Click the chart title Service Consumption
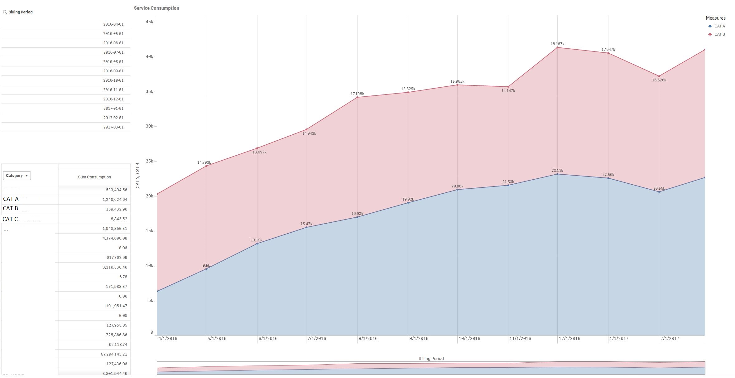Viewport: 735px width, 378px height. [156, 8]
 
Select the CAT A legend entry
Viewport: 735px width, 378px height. [719, 26]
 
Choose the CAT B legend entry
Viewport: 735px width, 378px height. [719, 34]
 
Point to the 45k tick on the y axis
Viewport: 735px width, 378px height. [149, 22]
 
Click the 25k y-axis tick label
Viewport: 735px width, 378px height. [149, 161]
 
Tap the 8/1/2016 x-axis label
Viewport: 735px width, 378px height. [368, 338]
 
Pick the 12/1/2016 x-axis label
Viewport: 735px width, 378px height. [569, 338]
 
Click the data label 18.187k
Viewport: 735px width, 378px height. [557, 44]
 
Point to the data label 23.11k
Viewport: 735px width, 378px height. [557, 171]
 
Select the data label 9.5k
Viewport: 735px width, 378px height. [206, 265]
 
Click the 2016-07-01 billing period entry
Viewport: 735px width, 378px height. [113, 52]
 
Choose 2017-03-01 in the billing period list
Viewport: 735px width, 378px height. [113, 127]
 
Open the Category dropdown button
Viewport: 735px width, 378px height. [17, 176]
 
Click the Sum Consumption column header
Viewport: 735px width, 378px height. [94, 177]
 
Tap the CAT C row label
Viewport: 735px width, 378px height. [10, 219]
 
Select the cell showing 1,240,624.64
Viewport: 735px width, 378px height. [115, 200]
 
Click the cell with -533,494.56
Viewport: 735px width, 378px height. [116, 190]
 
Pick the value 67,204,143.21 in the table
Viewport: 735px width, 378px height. [114, 354]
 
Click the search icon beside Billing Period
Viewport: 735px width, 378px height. [5, 12]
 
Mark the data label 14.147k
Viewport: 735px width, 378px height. [508, 91]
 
